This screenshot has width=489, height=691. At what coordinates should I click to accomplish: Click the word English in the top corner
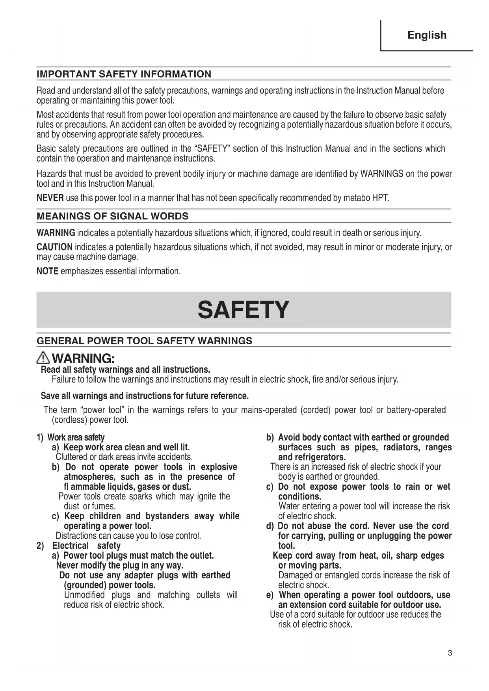tap(427, 35)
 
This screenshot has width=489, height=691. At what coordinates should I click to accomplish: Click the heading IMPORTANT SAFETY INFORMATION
tap(124, 74)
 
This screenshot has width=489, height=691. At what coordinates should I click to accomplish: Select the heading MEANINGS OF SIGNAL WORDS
tap(112, 216)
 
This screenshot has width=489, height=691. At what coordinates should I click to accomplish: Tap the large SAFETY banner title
tap(244, 310)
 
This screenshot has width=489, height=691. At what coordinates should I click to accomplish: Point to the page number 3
tap(450, 653)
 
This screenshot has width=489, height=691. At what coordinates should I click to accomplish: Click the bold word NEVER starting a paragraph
tap(50, 198)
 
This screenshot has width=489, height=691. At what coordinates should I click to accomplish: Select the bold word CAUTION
tap(54, 247)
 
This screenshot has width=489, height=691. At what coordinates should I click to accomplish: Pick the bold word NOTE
tap(47, 271)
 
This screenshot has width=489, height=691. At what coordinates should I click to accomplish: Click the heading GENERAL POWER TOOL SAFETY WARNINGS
tap(144, 341)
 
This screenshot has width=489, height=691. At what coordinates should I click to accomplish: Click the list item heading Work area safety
tap(76, 437)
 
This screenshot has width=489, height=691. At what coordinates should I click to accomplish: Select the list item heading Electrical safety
tap(86, 546)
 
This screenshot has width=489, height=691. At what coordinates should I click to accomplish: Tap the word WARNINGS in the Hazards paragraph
tap(381, 174)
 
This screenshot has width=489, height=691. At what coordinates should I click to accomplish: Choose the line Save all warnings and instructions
tap(145, 396)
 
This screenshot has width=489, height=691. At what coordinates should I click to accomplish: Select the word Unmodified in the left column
tap(84, 595)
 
